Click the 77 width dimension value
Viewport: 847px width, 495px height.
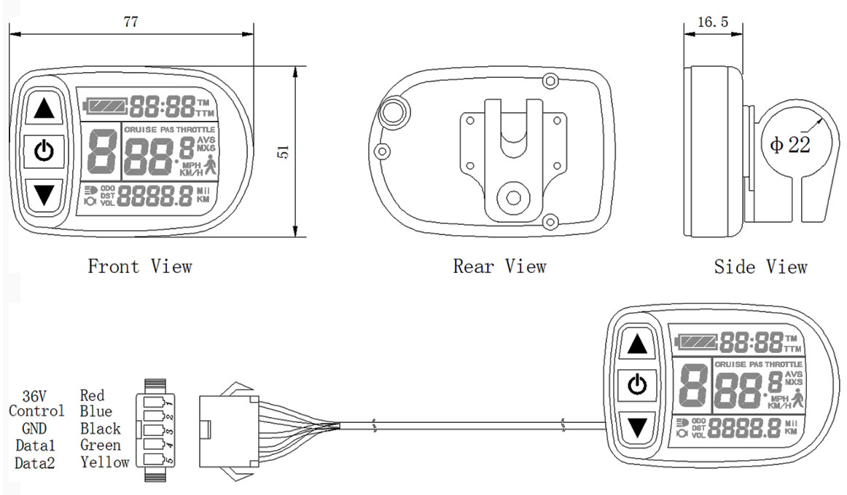click(130, 22)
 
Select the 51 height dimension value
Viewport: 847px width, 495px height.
click(284, 151)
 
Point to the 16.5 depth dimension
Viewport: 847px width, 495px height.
click(712, 22)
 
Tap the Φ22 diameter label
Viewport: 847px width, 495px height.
click(789, 145)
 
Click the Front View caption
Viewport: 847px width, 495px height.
click(140, 266)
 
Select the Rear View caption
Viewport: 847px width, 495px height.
click(499, 266)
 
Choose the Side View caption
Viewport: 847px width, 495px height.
click(760, 266)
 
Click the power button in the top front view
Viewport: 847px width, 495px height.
click(44, 152)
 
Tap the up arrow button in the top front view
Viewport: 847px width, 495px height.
click(44, 109)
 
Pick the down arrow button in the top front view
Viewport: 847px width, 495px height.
click(44, 194)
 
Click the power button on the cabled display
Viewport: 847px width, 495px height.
click(638, 384)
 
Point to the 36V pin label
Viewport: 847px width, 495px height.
click(34, 396)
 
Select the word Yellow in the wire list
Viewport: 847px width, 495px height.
click(104, 462)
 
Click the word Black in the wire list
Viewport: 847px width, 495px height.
click(101, 429)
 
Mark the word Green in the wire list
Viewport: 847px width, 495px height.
click(101, 445)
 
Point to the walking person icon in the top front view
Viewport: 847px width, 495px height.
click(211, 167)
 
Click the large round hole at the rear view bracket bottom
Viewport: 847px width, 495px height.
click(514, 197)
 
